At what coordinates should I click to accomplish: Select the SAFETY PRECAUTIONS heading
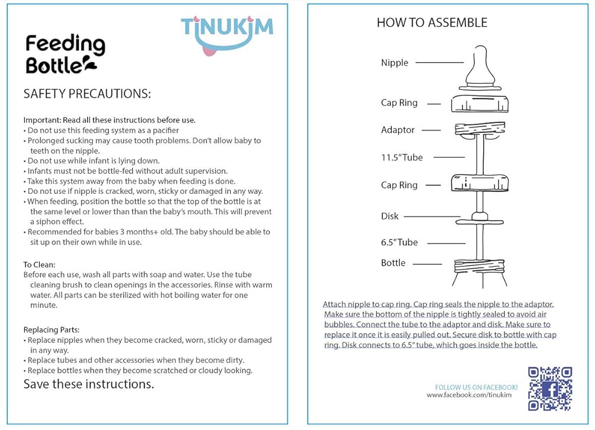[x=87, y=94]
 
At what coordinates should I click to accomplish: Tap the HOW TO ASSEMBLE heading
[x=432, y=23]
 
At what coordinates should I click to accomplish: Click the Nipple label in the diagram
[x=394, y=62]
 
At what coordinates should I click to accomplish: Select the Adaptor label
[x=397, y=130]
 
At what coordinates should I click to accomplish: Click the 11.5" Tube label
[x=402, y=158]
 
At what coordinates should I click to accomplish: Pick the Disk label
[x=390, y=216]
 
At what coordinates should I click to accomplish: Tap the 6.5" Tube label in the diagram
[x=399, y=243]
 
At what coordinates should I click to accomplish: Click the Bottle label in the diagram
[x=393, y=263]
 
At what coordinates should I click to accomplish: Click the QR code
[x=550, y=389]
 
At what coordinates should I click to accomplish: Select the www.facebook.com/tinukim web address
[x=472, y=395]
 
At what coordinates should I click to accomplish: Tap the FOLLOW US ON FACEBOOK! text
[x=477, y=387]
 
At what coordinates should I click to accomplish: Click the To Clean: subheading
[x=39, y=265]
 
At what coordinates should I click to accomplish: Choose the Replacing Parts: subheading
[x=51, y=329]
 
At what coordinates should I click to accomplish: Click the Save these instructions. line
[x=89, y=384]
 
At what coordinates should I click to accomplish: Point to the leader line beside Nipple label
[x=440, y=62]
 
